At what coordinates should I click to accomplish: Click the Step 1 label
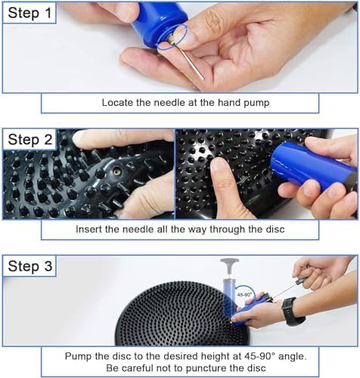pos(29,13)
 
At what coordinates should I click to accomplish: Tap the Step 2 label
pos(30,140)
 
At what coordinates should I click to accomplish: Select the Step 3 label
pos(30,266)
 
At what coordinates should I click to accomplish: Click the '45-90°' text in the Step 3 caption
pos(259,356)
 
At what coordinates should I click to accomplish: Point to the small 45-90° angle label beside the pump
pos(244,294)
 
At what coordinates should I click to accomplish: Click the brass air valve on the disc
pos(116,172)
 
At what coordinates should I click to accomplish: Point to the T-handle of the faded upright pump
pos(229,262)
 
